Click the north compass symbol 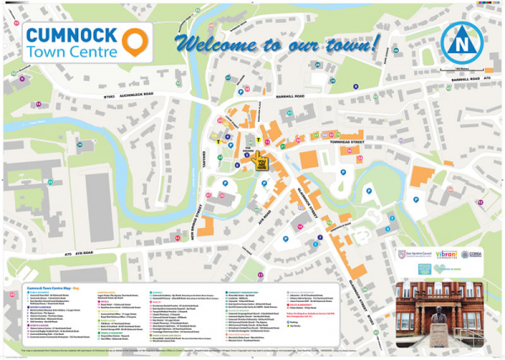pyautogui.click(x=460, y=40)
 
